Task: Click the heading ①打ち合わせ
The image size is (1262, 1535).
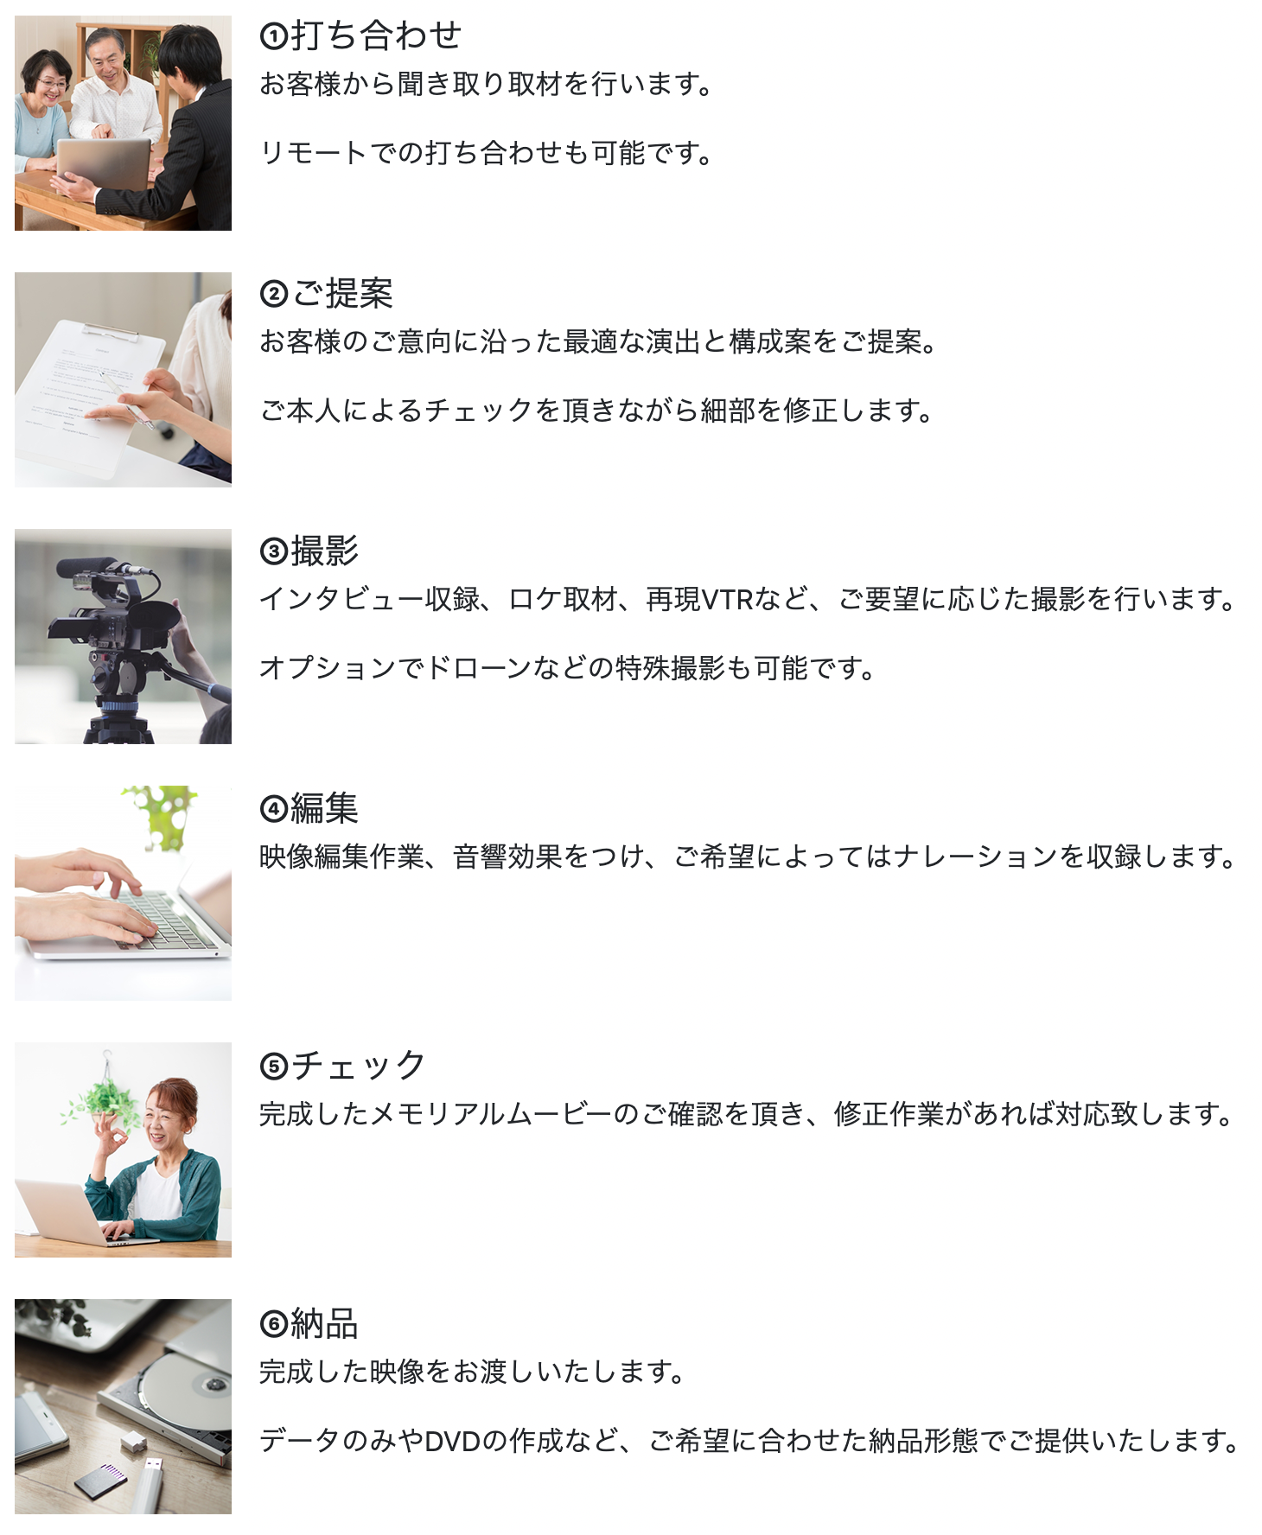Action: pos(360,35)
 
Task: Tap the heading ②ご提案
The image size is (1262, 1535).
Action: pos(326,293)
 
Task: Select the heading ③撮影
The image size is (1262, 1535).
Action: pos(309,551)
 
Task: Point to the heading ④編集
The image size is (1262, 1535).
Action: pos(309,808)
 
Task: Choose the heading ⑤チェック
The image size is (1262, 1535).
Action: pos(342,1065)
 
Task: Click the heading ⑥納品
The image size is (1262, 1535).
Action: pos(309,1322)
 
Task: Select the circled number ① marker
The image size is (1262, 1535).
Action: pos(273,36)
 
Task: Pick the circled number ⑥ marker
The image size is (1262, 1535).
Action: pos(273,1324)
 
